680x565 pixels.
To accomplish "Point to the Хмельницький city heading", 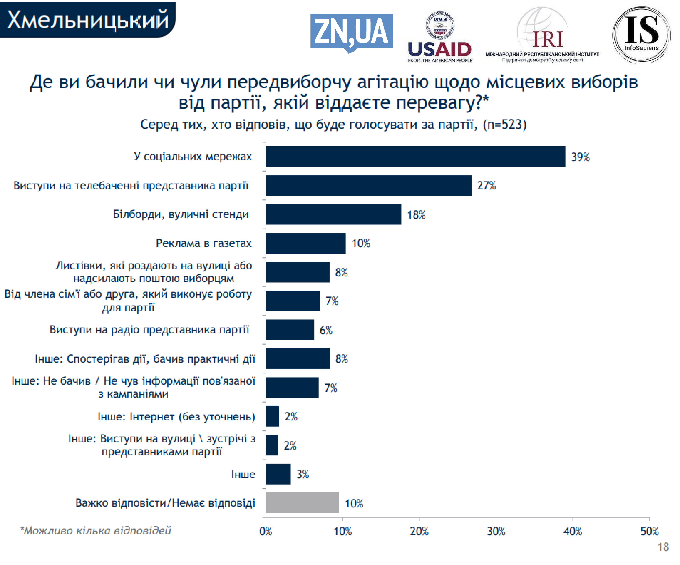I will coord(87,19).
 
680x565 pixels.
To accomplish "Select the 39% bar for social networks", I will coord(415,157).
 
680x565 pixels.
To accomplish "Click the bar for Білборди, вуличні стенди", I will coord(333,214).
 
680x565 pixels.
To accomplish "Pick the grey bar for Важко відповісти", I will coord(302,503).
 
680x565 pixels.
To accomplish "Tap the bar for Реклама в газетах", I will coord(306,243).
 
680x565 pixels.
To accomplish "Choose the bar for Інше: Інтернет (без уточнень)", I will coord(272,416).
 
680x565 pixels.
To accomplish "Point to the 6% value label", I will coord(326,330).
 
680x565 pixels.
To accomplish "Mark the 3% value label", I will coord(303,474).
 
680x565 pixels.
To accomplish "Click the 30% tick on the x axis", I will coord(496,532).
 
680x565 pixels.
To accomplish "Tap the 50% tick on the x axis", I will coord(649,532).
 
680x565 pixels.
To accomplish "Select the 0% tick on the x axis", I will coord(266,532).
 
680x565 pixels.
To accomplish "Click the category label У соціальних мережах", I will coord(193,157).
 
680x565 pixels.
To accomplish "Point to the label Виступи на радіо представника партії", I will coord(149,330).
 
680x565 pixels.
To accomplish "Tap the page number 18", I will coord(663,547).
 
